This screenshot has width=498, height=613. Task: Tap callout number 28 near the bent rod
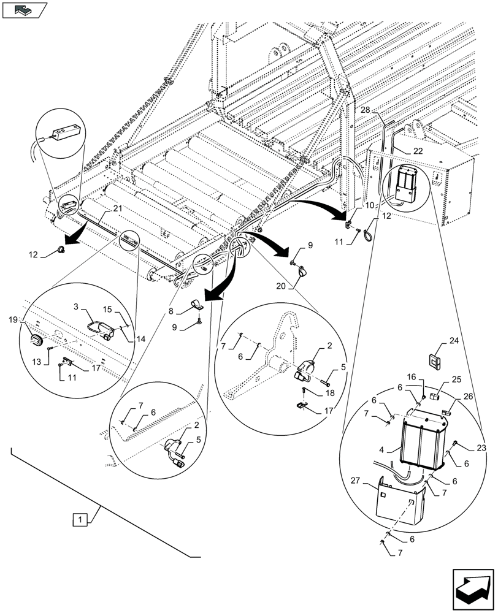pos(365,109)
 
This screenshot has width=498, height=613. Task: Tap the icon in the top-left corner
pos(24,9)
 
